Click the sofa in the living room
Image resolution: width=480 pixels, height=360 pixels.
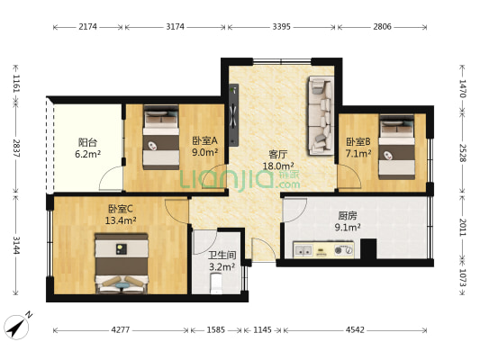(320, 114)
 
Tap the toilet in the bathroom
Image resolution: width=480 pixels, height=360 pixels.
(214, 284)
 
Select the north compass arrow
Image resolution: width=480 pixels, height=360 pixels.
(17, 325)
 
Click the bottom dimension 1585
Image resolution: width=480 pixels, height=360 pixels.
(216, 329)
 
